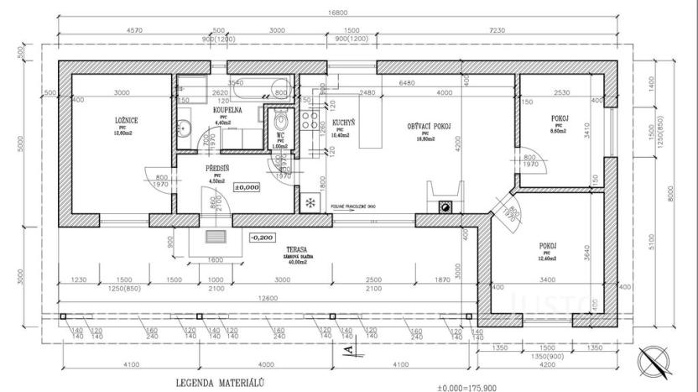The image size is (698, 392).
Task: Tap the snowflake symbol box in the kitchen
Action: (310, 202)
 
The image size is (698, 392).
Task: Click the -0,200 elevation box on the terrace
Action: (263, 238)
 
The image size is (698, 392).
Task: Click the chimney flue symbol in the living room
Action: (447, 206)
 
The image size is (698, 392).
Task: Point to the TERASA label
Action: (296, 249)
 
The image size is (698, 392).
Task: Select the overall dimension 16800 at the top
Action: (339, 12)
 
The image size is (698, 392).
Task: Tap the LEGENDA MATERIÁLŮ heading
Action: (220, 382)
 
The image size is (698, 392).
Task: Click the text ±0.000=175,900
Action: (472, 388)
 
